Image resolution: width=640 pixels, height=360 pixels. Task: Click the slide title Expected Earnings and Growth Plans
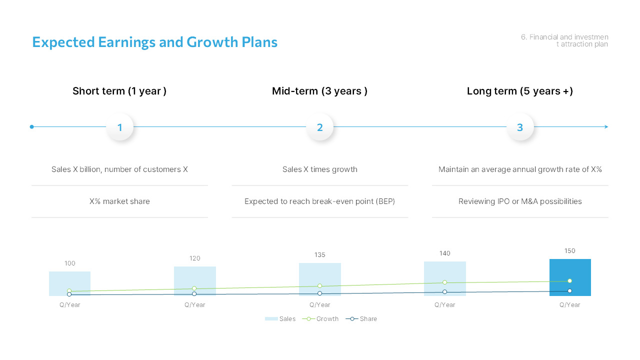click(154, 42)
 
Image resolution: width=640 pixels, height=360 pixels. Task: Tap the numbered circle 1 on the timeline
click(120, 127)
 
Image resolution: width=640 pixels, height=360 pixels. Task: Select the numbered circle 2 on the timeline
click(320, 127)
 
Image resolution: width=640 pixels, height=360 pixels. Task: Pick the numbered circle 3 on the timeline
click(520, 127)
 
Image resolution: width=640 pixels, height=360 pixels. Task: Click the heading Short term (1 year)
click(119, 91)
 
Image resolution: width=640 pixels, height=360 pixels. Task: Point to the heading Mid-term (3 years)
click(320, 91)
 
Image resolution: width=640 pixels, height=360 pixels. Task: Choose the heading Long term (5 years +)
click(520, 91)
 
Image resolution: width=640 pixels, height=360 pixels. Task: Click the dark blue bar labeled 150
click(570, 270)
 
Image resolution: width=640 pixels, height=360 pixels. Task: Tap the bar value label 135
click(320, 255)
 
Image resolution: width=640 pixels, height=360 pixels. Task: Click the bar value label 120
click(195, 258)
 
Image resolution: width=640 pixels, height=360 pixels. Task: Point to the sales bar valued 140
click(445, 272)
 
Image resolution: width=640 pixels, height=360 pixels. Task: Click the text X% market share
click(119, 201)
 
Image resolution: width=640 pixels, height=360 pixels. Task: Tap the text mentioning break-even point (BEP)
click(320, 201)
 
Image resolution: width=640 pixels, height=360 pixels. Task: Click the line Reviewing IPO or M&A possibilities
click(520, 201)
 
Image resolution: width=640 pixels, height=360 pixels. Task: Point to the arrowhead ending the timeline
click(606, 127)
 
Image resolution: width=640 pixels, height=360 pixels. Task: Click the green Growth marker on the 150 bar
click(569, 281)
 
